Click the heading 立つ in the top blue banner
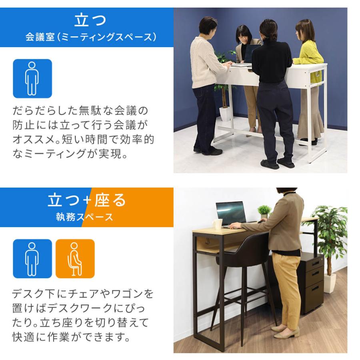point(90,20)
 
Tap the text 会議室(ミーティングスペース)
point(90,38)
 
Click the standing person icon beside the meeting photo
point(32,78)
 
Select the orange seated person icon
point(75,258)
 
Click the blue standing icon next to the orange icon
point(32,258)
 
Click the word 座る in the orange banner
point(110,200)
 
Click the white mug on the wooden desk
point(218,224)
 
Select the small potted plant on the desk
point(264,211)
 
